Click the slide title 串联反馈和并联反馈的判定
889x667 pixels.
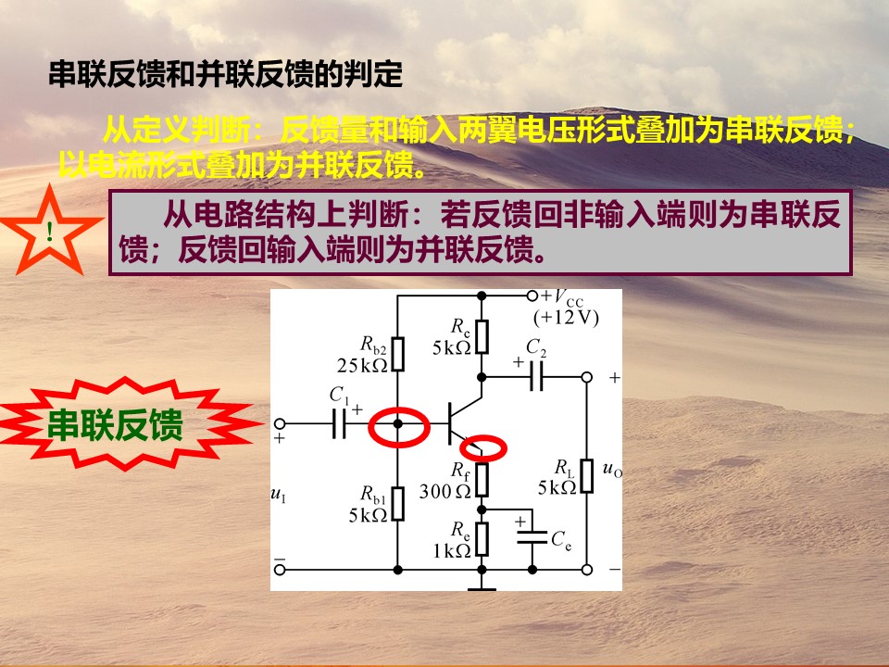225,74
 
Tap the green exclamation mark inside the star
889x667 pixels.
50,231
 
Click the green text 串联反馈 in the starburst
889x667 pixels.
115,424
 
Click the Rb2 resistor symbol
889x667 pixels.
398,354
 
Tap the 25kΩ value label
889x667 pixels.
362,366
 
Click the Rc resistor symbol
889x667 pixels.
482,336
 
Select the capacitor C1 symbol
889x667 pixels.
339,423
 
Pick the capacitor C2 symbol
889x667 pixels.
536,377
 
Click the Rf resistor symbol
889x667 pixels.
482,479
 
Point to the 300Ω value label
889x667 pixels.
445,491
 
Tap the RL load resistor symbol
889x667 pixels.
587,475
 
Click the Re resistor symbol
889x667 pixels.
482,539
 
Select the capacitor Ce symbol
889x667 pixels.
532,537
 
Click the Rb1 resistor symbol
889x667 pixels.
398,503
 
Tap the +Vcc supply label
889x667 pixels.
561,297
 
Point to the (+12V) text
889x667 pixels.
566,318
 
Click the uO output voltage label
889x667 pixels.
612,469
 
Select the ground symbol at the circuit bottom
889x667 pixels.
482,589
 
